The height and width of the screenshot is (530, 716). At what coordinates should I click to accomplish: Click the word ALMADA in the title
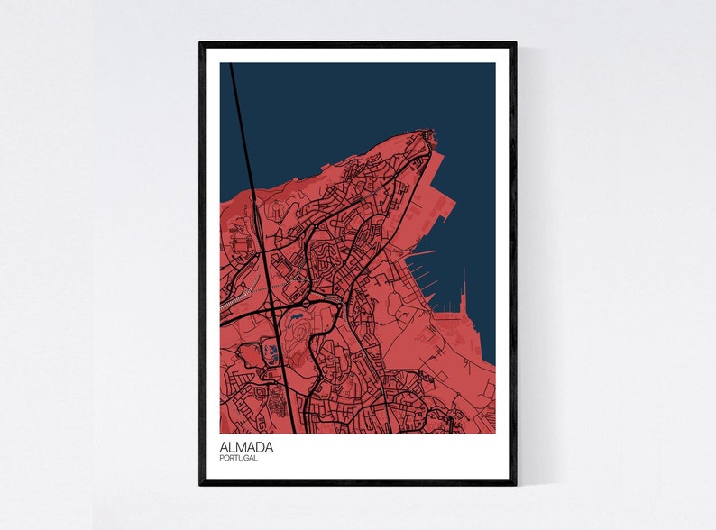coord(245,447)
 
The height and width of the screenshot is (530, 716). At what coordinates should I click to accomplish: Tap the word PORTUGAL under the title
coord(238,459)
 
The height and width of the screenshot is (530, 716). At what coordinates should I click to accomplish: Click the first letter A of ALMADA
coord(224,447)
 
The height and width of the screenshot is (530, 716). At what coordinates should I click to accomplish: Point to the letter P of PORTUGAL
coord(221,459)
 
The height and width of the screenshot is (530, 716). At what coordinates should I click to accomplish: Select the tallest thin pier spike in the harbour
coord(464,293)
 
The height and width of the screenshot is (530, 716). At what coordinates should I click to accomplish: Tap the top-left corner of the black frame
coord(200,42)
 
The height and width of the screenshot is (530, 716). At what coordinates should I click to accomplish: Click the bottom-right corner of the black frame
coord(515,484)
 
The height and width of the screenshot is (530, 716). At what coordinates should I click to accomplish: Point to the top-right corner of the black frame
coord(515,42)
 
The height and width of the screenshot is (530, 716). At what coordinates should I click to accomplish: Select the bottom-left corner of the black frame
coord(200,484)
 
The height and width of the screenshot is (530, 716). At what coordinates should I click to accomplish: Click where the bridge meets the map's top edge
coord(231,64)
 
